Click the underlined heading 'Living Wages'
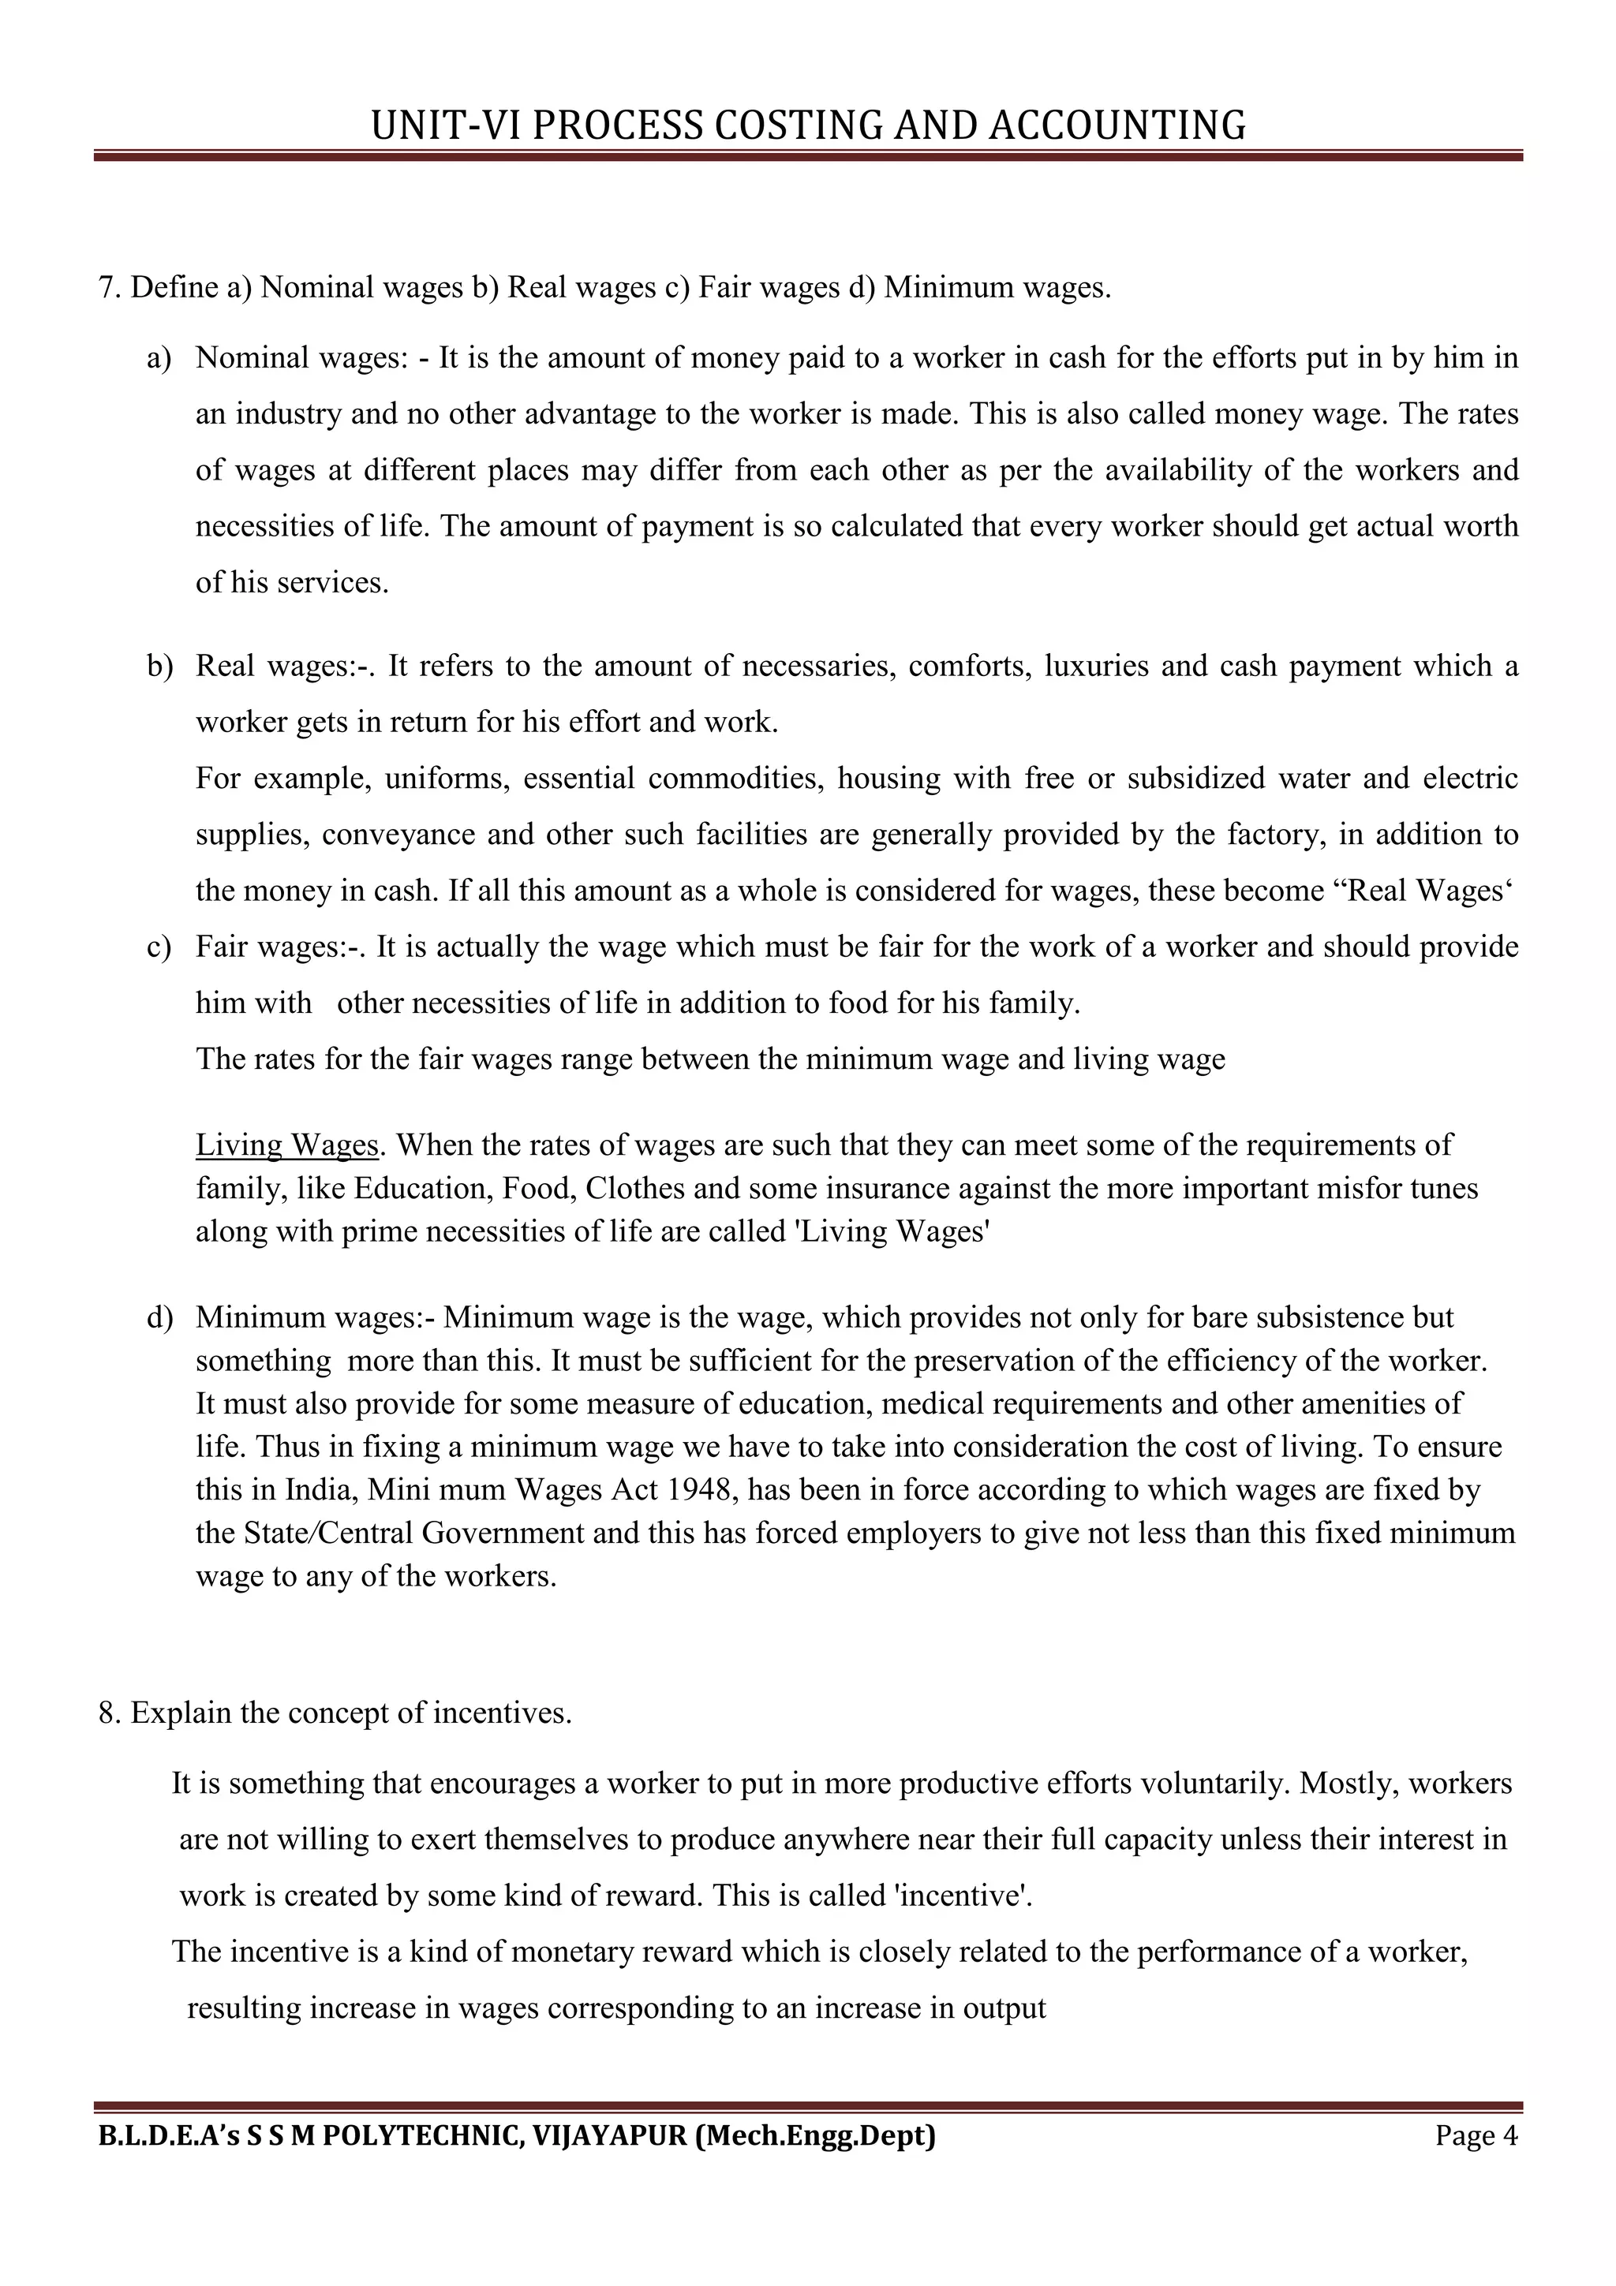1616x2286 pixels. click(286, 1145)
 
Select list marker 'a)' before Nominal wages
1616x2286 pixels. click(159, 357)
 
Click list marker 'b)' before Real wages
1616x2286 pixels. click(159, 665)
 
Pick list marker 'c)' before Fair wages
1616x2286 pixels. click(159, 946)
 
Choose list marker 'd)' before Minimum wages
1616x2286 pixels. click(159, 1317)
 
